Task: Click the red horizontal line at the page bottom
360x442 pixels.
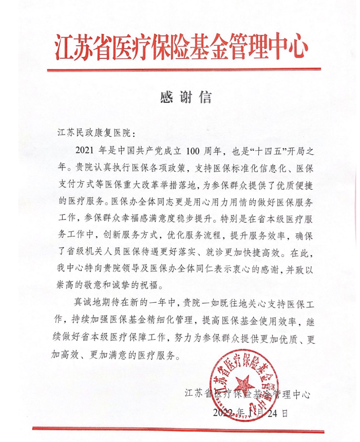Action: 180,428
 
